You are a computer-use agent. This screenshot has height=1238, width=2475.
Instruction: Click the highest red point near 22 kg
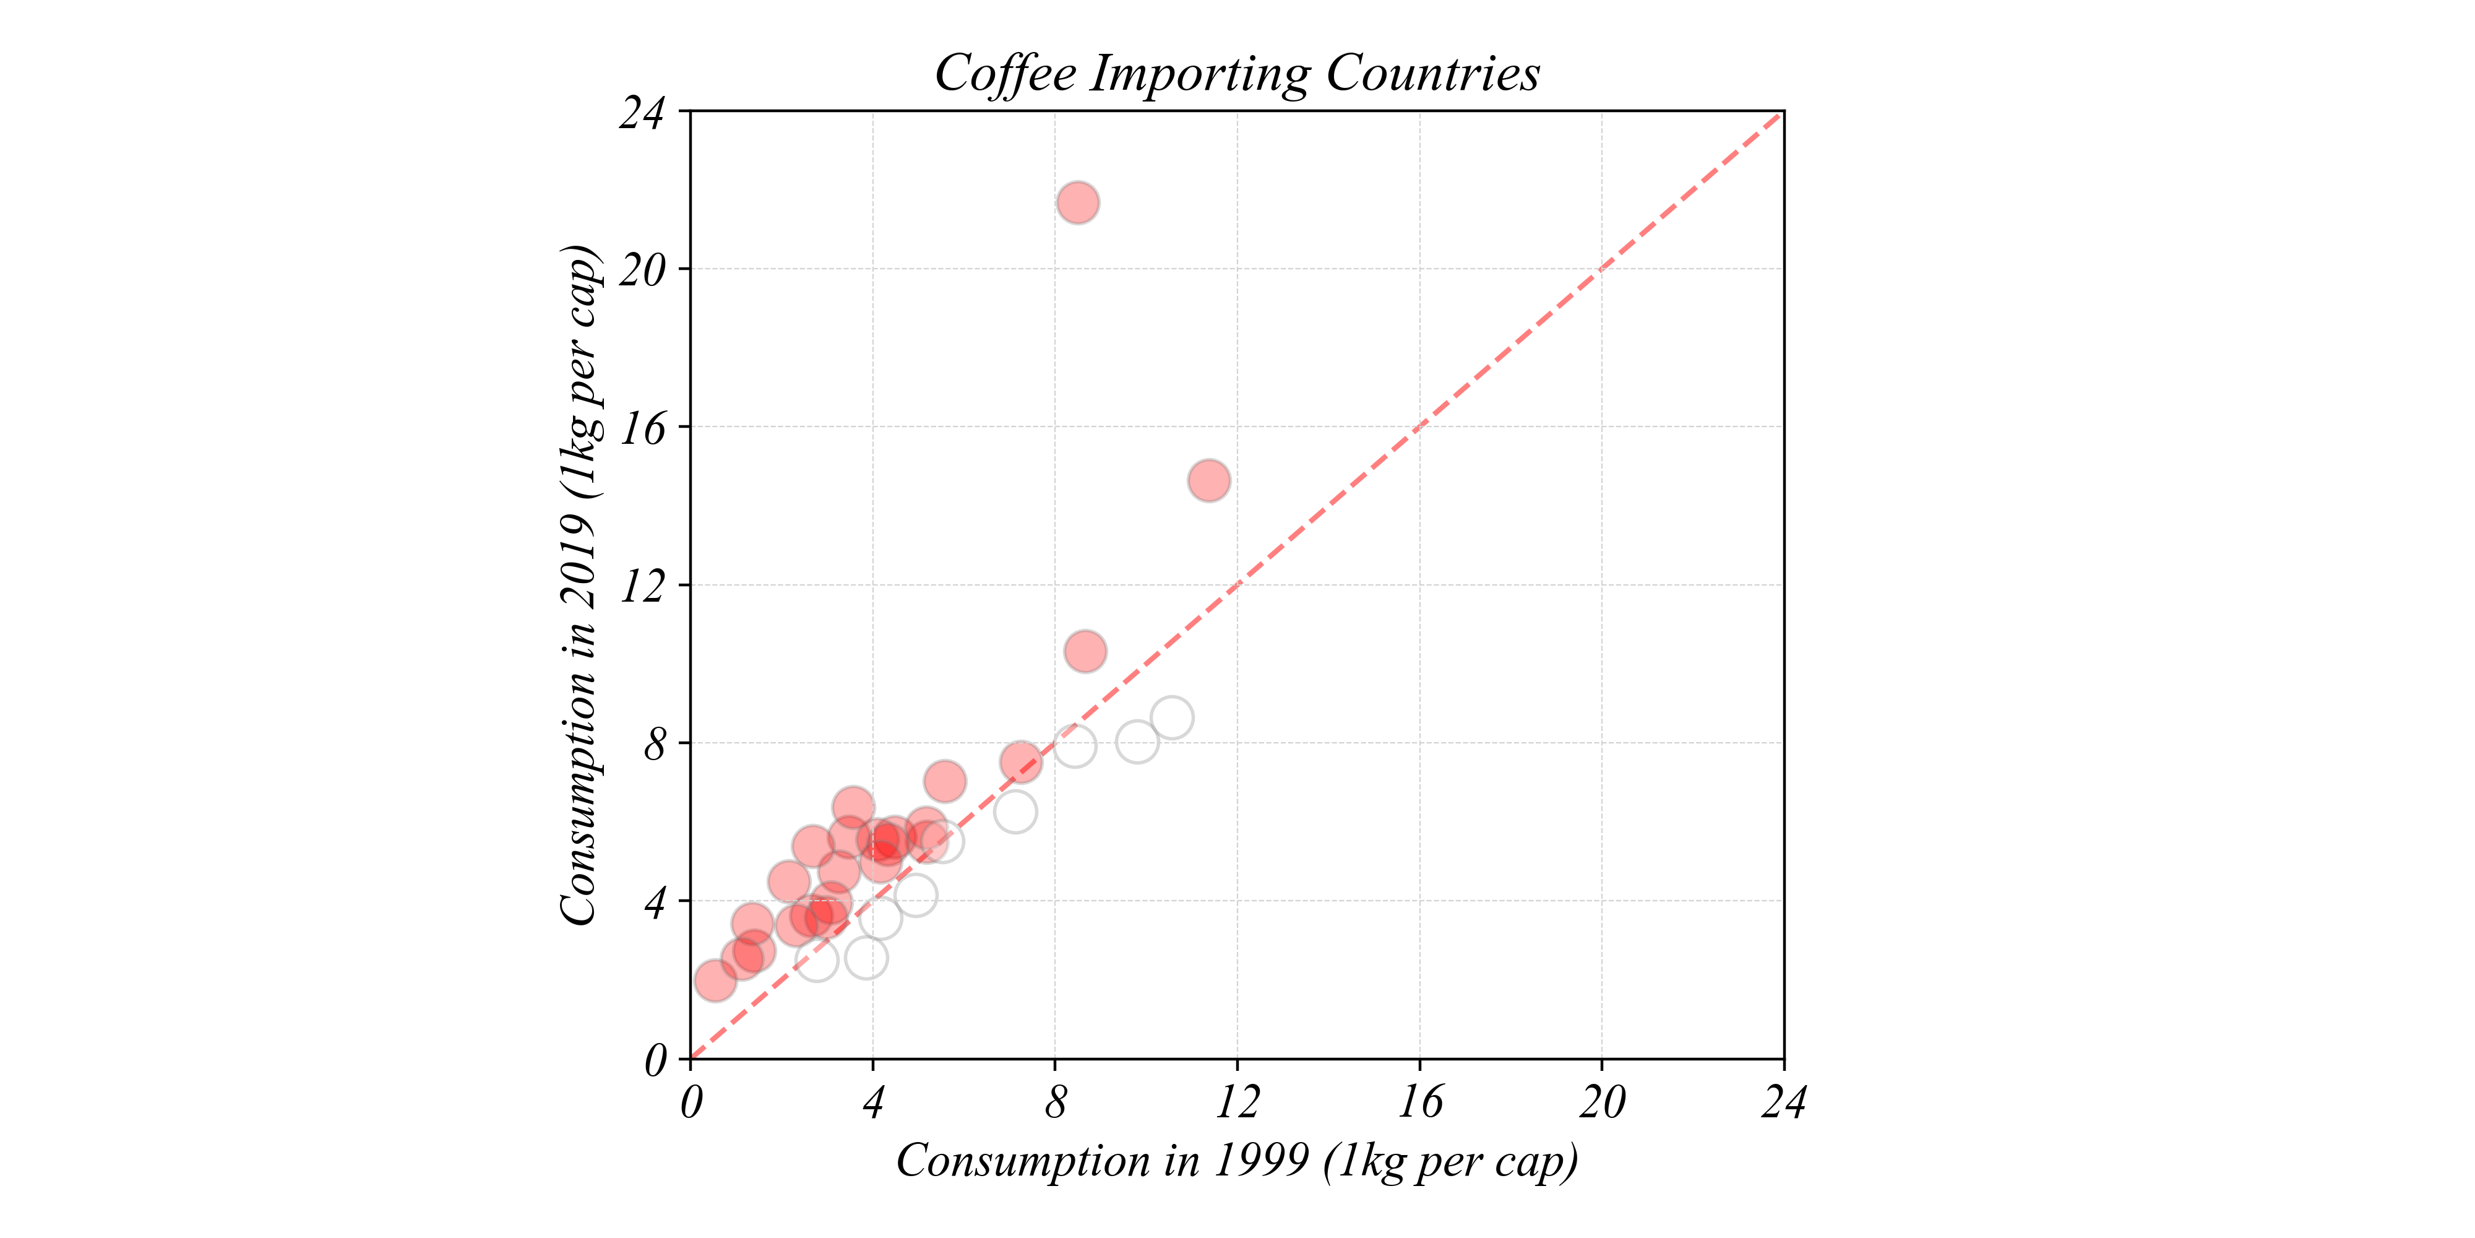tap(1078, 203)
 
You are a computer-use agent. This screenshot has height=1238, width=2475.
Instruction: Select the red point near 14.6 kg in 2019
tap(1208, 480)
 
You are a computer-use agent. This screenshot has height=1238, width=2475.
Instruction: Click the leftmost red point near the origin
tap(715, 981)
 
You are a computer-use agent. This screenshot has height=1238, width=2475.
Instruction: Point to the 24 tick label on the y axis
tap(642, 113)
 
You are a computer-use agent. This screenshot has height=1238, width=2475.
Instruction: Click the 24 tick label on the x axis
tap(1783, 1102)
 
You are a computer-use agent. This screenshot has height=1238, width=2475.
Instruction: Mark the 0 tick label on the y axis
tap(655, 1061)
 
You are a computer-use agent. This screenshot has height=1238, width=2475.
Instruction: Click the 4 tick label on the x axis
tap(872, 1102)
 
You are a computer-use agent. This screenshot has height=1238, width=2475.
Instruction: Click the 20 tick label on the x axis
tap(1602, 1102)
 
